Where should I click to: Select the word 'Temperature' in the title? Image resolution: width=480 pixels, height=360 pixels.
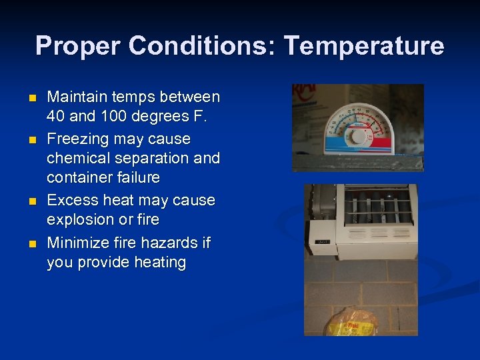pos(363,46)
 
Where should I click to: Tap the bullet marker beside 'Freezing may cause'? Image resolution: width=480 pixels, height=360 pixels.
pos(31,140)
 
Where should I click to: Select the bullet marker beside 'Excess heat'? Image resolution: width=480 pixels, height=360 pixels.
pos(31,201)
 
